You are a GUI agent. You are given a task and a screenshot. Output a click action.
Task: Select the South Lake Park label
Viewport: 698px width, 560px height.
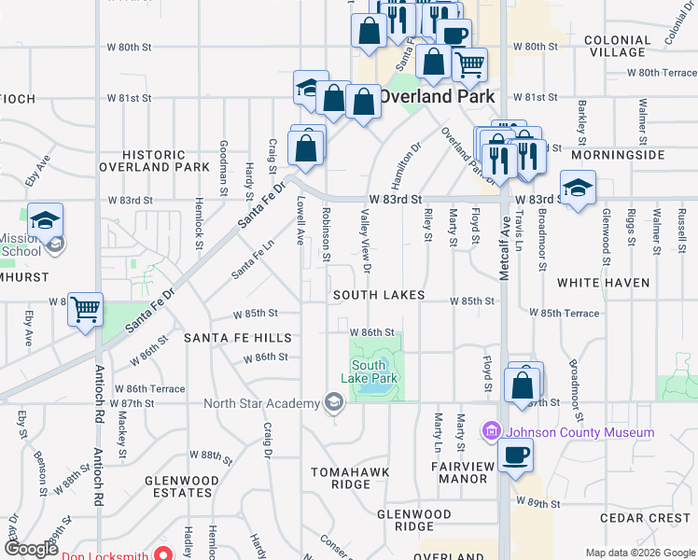click(375, 372)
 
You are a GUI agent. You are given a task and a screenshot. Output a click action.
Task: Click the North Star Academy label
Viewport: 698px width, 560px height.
click(260, 403)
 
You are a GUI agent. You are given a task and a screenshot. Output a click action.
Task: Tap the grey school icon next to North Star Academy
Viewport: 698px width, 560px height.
click(332, 403)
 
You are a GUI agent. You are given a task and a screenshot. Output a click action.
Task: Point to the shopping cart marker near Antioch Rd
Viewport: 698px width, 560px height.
click(85, 310)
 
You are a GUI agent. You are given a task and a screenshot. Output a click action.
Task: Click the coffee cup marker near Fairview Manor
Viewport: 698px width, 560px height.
click(514, 455)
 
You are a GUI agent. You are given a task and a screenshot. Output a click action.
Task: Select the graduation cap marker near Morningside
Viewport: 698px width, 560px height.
click(578, 187)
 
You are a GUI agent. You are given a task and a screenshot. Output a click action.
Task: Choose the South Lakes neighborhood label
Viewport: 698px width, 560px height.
click(380, 295)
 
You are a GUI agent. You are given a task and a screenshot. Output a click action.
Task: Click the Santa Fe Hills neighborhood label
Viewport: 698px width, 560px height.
click(237, 338)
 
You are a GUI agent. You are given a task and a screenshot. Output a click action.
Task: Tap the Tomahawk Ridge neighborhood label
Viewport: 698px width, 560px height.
click(341, 478)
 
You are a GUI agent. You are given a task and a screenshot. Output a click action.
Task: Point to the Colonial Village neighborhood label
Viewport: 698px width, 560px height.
click(617, 47)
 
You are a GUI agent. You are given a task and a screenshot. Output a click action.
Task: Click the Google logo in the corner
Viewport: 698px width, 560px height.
click(31, 549)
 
